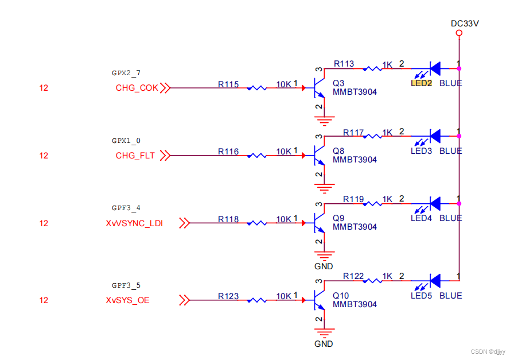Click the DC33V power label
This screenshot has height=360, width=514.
coord(464,24)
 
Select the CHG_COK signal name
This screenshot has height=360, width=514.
coord(137,88)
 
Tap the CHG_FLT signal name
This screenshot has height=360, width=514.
coord(135,156)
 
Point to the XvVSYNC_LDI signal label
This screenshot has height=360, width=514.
coord(134,223)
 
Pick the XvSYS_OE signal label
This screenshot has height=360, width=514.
coord(127,300)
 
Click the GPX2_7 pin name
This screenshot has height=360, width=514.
coord(126,73)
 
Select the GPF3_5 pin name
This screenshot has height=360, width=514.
coord(126,285)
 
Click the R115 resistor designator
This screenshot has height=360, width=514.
coord(228,84)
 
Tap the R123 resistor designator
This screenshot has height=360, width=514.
coord(228,296)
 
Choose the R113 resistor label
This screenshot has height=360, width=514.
coord(344,64)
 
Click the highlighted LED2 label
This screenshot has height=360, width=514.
coord(421,83)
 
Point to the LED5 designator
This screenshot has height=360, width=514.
coord(421,296)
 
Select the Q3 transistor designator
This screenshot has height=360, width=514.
coord(338,83)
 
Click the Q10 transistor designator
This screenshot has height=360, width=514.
coord(340,296)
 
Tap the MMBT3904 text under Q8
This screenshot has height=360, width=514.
coord(355,160)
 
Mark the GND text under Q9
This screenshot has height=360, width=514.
coord(324,267)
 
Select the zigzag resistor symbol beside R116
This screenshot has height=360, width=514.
coord(256,156)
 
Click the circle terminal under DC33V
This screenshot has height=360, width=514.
coord(459,33)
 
